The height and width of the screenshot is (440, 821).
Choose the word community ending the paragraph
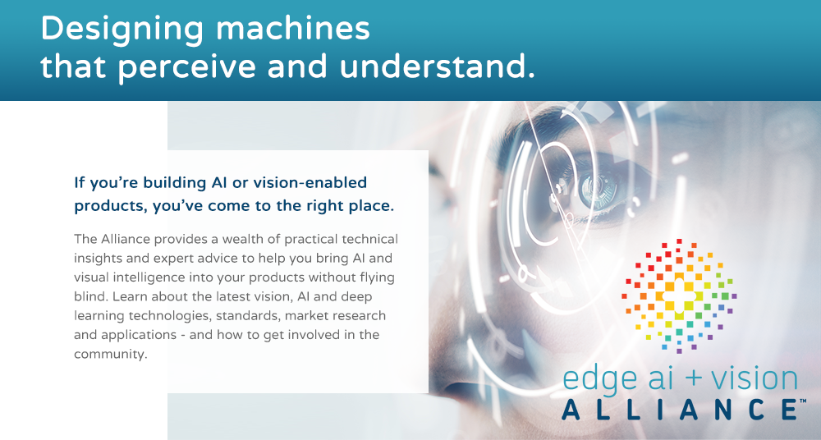coord(109,354)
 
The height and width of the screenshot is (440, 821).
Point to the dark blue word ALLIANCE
coord(679,409)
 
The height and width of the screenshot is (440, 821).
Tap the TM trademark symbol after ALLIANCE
coord(802,401)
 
